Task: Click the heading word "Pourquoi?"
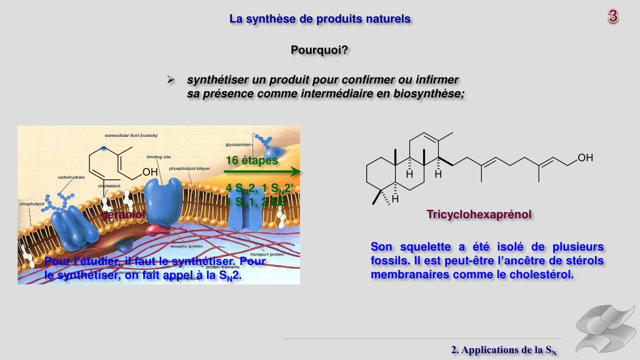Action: [x=319, y=50]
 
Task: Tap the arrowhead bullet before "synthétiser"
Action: [x=169, y=80]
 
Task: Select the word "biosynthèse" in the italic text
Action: [x=431, y=94]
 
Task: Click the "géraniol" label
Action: [x=123, y=214]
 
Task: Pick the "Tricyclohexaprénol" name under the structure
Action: [x=479, y=214]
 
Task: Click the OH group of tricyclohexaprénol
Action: [x=585, y=158]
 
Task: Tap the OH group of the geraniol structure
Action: [x=150, y=172]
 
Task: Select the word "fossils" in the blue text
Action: [x=387, y=260]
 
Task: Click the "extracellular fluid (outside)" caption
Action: [x=131, y=135]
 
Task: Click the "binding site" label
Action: [x=155, y=157]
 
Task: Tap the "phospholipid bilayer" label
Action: [x=191, y=169]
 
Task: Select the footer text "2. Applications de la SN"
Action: [x=504, y=350]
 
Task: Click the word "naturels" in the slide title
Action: [x=389, y=19]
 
